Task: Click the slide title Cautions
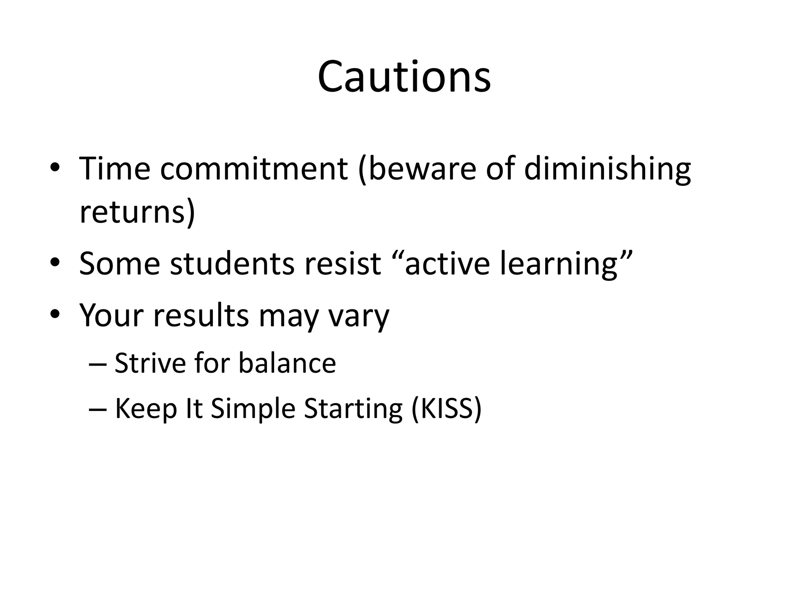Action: click(404, 77)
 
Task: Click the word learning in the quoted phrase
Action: click(558, 264)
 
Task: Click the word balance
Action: click(287, 363)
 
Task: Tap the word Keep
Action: click(145, 409)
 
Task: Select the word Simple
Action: click(253, 409)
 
